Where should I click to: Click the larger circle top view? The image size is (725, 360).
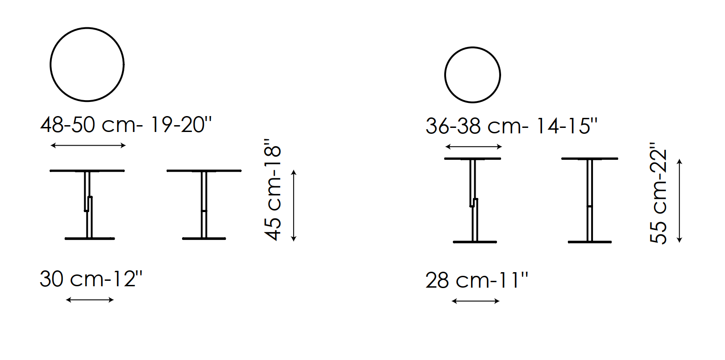(x=87, y=28)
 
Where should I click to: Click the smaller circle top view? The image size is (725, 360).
(x=472, y=48)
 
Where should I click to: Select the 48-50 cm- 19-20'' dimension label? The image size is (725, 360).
(x=126, y=125)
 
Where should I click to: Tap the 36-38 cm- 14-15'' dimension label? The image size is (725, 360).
(x=512, y=126)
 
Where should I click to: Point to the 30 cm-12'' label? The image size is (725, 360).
(x=91, y=279)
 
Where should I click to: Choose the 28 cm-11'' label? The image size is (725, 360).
(x=477, y=280)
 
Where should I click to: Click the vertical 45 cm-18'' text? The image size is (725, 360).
(x=273, y=190)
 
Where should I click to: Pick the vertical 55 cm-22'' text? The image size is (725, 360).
(x=659, y=193)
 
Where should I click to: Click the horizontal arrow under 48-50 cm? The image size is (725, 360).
(x=88, y=146)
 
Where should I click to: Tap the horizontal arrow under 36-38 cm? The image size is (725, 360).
(x=473, y=147)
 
